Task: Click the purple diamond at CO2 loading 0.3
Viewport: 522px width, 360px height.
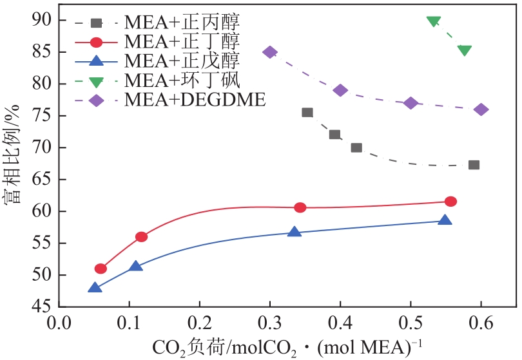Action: [x=270, y=52]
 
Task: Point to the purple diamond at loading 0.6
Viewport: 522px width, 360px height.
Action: [x=481, y=109]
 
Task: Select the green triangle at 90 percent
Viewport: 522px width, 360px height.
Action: [x=434, y=21]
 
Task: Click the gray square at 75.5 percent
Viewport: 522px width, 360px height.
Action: [x=307, y=113]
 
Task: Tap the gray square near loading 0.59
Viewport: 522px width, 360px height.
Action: [x=474, y=165]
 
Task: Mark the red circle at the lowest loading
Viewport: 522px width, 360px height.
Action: [x=101, y=269]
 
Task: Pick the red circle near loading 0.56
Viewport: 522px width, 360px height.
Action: [x=450, y=202]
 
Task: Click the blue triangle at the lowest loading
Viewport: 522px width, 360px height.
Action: [x=95, y=288]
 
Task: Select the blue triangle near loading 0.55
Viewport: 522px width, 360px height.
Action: [x=445, y=220]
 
